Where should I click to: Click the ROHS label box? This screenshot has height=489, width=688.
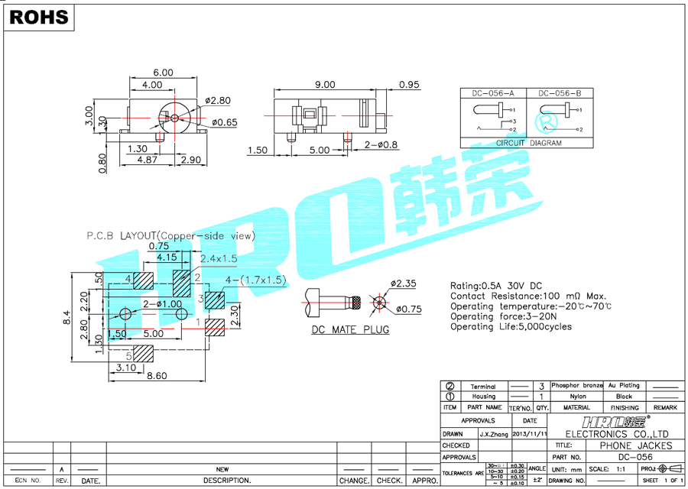(x=39, y=17)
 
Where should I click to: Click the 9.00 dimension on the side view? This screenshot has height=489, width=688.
(x=325, y=84)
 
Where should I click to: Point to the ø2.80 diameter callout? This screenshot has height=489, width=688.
(x=218, y=100)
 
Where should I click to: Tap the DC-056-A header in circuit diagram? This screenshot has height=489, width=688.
(x=493, y=93)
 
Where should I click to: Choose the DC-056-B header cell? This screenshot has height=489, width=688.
(x=565, y=93)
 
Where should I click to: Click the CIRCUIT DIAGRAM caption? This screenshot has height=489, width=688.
(x=529, y=143)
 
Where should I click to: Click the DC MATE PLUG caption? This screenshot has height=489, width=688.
(x=350, y=329)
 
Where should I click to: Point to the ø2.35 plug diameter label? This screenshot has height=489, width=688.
(x=403, y=284)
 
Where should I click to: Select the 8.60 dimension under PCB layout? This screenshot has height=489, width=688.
(x=157, y=375)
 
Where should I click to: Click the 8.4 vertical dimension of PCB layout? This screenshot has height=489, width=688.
(x=67, y=317)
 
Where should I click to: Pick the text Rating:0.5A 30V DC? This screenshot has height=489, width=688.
(x=496, y=286)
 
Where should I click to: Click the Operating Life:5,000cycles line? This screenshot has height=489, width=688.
(x=511, y=326)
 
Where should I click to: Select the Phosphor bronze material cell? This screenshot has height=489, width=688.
(x=577, y=386)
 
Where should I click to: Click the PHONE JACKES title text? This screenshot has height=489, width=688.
(x=635, y=445)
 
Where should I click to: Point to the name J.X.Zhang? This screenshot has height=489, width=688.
(x=494, y=434)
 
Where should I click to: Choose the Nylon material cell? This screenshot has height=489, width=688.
(x=577, y=397)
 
